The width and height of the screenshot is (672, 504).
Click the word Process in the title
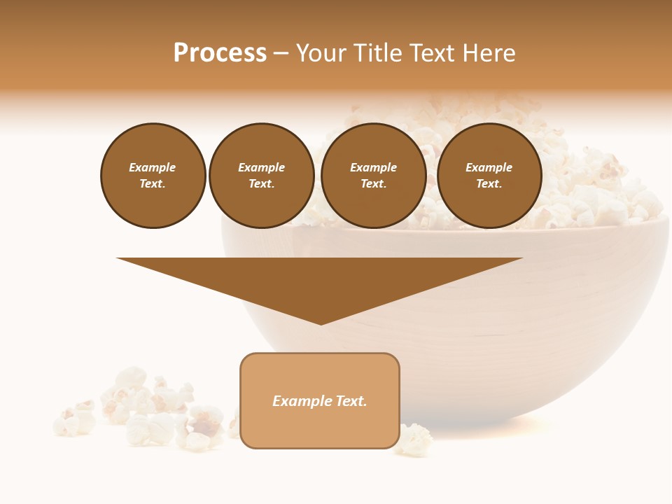click(220, 53)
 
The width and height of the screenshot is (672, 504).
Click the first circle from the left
click(153, 176)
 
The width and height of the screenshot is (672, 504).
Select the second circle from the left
click(262, 176)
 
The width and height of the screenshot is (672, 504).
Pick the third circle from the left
click(374, 176)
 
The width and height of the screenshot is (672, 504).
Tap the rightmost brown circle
click(489, 176)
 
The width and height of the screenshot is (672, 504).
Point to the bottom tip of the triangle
click(321, 323)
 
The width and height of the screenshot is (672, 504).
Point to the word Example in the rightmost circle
click(489, 167)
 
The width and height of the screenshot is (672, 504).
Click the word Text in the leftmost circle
click(152, 184)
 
